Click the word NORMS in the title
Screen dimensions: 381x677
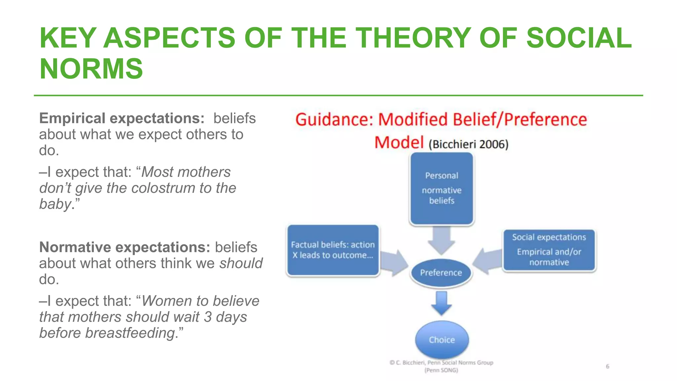[91, 69]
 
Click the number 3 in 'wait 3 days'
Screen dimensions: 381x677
[208, 317]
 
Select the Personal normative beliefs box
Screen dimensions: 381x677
[442, 189]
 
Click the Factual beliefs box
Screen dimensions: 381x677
[333, 250]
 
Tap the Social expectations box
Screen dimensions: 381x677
[549, 250]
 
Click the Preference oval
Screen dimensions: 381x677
[441, 273]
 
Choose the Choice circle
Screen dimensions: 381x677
[442, 340]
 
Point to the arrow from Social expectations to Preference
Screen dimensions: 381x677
[487, 261]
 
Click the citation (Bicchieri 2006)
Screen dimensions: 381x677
[468, 145]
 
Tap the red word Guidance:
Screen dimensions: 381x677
[334, 120]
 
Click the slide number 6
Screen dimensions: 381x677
[608, 366]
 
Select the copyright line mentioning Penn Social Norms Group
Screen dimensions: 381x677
[442, 363]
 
